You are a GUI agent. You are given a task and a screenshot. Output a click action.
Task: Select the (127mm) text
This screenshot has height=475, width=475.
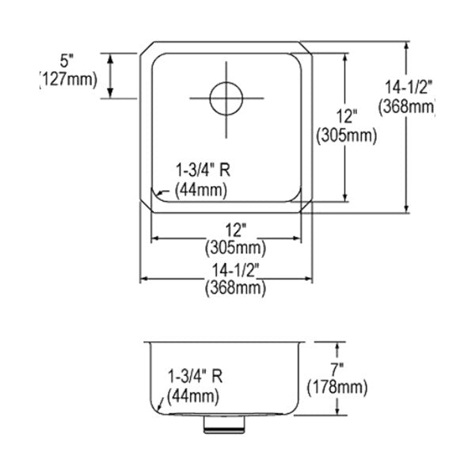68,80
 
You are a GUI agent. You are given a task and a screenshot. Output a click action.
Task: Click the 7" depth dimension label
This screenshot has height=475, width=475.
337,370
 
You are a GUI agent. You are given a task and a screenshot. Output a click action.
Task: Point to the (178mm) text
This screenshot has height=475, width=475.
337,387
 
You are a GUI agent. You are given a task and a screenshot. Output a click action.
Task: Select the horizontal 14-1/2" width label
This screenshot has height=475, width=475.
235,270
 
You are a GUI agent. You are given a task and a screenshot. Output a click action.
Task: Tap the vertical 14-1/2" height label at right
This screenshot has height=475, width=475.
408,88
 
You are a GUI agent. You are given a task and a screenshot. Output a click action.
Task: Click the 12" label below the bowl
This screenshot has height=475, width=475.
235,230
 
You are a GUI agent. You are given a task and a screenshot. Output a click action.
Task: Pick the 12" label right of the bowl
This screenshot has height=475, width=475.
347,116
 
